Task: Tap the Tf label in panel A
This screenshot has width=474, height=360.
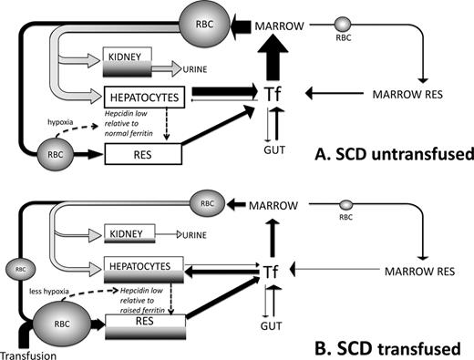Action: [x=273, y=94]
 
